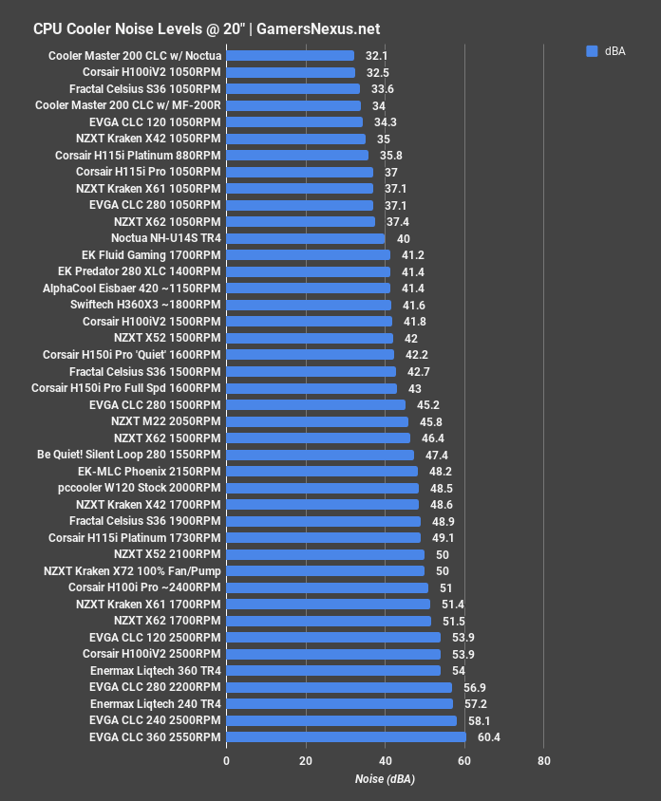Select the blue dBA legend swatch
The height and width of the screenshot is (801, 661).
pos(592,51)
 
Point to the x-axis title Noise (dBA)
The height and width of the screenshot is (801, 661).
pos(385,779)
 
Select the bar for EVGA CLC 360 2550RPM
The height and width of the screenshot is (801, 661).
pos(346,736)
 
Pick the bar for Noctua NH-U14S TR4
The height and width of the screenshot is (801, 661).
pos(306,238)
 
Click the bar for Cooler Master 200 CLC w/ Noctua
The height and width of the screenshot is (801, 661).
pos(290,56)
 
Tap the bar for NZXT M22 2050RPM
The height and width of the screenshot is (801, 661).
pos(317,421)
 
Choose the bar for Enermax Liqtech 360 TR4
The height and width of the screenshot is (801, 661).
pos(333,670)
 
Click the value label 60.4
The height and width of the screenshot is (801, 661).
pos(488,736)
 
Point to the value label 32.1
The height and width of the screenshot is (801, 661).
pos(377,56)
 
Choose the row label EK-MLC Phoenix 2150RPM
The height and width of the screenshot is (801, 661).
pos(149,471)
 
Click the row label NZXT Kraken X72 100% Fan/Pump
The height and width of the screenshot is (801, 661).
pos(132,570)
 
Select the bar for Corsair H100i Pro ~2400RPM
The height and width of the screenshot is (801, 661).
pos(328,587)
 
